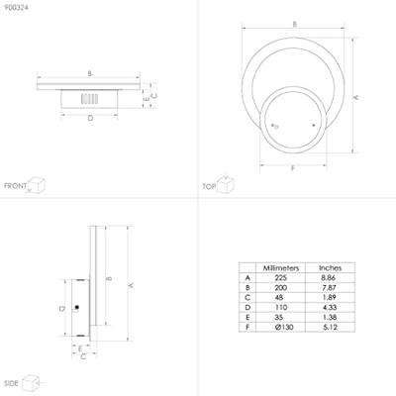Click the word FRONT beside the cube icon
[15, 185]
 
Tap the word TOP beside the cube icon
[209, 185]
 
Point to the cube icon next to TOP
[226, 183]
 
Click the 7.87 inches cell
[331, 289]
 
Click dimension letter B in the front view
[90, 74]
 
